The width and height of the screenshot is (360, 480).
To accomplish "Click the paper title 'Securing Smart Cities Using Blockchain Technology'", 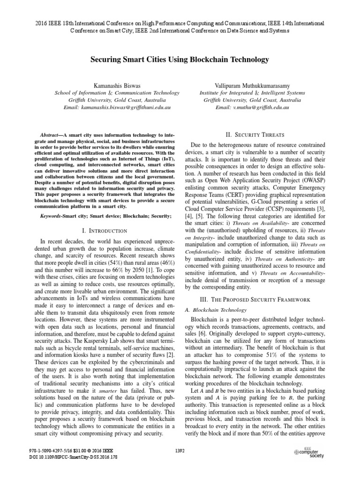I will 180,60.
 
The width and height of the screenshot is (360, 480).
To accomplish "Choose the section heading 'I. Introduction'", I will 104,231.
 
